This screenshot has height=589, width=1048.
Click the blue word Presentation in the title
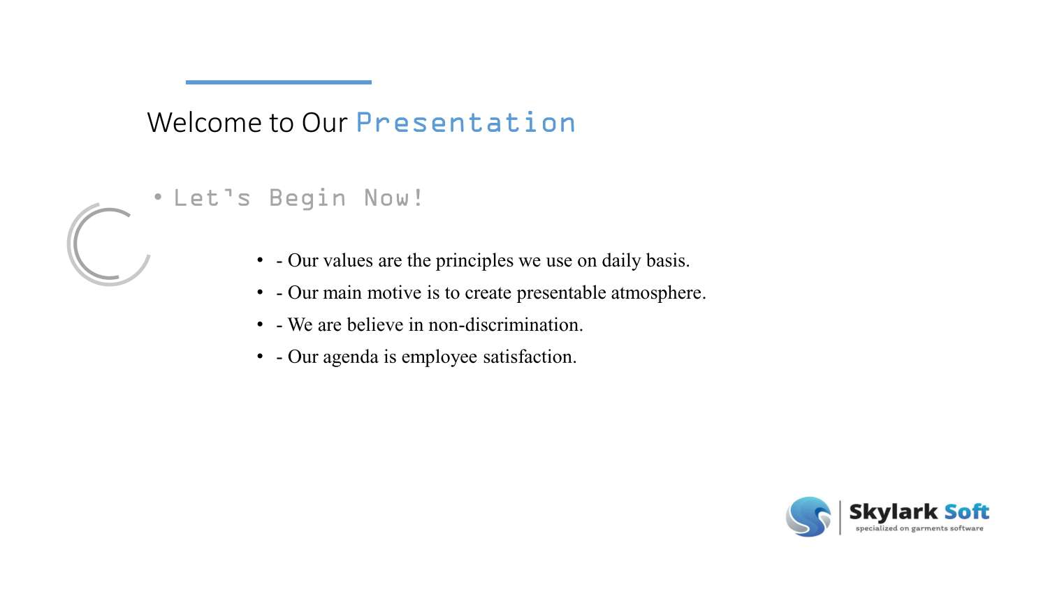click(x=465, y=123)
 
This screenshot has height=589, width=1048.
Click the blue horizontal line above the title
click(x=278, y=82)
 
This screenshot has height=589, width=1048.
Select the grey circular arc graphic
click(x=77, y=244)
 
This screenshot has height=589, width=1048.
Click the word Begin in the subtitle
click(x=307, y=199)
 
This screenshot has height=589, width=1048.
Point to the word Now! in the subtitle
click(x=393, y=198)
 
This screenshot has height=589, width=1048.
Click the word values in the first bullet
click(x=348, y=261)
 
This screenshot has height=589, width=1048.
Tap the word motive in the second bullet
click(x=395, y=293)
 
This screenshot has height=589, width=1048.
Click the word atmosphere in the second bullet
click(x=658, y=293)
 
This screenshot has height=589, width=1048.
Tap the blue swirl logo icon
click(x=808, y=516)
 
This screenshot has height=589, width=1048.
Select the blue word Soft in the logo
click(x=966, y=512)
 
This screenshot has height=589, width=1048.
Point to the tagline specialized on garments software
click(x=919, y=528)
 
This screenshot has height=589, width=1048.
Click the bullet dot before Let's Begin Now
click(x=159, y=198)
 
